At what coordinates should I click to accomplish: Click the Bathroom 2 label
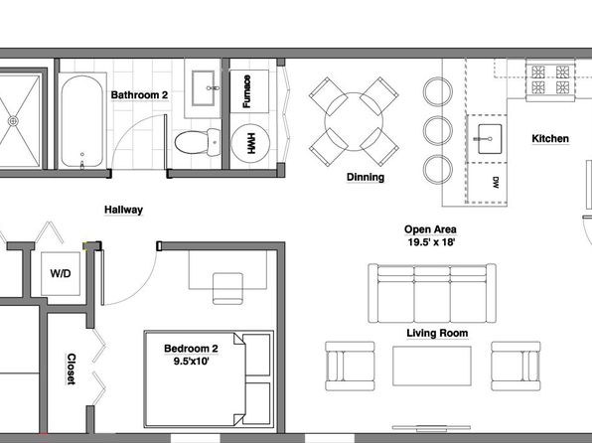pyautogui.click(x=139, y=94)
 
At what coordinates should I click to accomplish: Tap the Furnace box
pyautogui.click(x=249, y=91)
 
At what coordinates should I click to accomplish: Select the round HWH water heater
pyautogui.click(x=250, y=143)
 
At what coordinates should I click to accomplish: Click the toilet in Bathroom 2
pyautogui.click(x=197, y=142)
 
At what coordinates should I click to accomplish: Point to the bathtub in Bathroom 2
pyautogui.click(x=81, y=121)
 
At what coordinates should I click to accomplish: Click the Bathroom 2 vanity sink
pyautogui.click(x=204, y=88)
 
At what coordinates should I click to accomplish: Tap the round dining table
pyautogui.click(x=354, y=121)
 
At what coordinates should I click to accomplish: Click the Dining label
pyautogui.click(x=366, y=177)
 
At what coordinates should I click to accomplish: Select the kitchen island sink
pyautogui.click(x=489, y=139)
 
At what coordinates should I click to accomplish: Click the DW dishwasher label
pyautogui.click(x=496, y=183)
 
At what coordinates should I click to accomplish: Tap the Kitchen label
pyautogui.click(x=550, y=139)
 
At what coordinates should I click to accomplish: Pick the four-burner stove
pyautogui.click(x=550, y=80)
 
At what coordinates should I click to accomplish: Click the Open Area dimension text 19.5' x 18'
pyautogui.click(x=431, y=242)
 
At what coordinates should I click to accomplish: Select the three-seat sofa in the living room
pyautogui.click(x=432, y=293)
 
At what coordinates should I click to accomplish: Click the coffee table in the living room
pyautogui.click(x=432, y=366)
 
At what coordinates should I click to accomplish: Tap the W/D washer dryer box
pyautogui.click(x=61, y=273)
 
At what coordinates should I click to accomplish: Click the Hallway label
pyautogui.click(x=123, y=210)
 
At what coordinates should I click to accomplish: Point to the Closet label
pyautogui.click(x=71, y=369)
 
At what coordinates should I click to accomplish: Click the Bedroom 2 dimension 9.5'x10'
pyautogui.click(x=191, y=362)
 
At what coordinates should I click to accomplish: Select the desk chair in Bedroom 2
pyautogui.click(x=227, y=288)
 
